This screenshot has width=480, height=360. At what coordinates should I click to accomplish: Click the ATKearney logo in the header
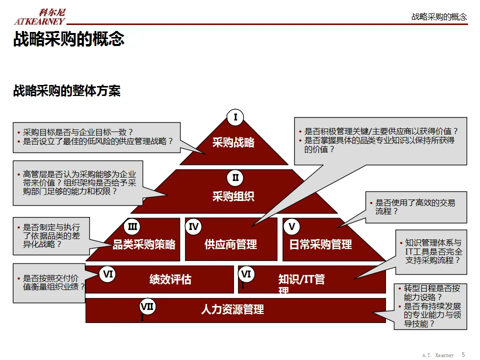[x=39, y=17]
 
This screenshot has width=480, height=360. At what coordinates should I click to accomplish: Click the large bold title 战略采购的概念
[x=68, y=39]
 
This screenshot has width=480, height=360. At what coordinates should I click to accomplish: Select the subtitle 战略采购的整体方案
[x=66, y=91]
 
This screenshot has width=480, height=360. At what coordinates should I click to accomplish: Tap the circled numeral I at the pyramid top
[x=235, y=117]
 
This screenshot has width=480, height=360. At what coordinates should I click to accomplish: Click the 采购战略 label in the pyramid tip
[x=233, y=142]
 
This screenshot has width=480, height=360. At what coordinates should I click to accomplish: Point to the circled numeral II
[x=235, y=177]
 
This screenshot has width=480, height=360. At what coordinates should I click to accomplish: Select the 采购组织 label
[x=233, y=196]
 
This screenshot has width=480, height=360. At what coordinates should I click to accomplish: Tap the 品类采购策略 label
[x=144, y=244]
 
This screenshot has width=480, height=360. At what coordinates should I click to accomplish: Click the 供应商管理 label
[x=230, y=244]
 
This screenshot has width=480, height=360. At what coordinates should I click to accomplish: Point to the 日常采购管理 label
[x=320, y=244]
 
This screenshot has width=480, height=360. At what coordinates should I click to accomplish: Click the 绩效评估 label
[x=170, y=279]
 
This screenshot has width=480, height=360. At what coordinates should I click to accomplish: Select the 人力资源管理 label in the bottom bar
[x=232, y=309]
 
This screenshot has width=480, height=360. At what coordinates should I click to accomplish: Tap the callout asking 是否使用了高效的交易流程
[x=415, y=207]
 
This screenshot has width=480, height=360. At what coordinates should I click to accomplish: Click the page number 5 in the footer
[x=463, y=354]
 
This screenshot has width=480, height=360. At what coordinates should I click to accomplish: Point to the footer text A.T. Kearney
[x=438, y=355]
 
